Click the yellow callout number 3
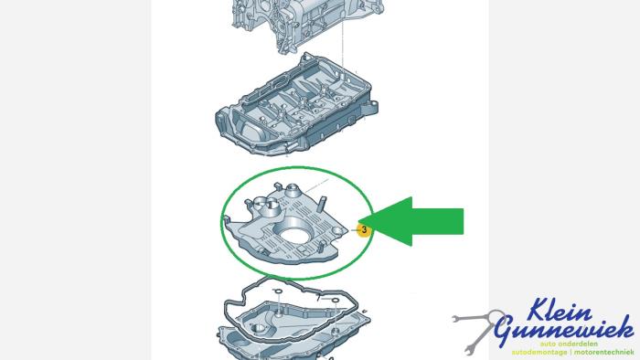tap(364, 230)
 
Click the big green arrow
tap(412, 221)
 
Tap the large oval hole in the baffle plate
tap(293, 236)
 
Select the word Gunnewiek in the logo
tap(563, 329)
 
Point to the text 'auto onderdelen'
tap(569, 344)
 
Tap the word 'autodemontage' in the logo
tap(539, 352)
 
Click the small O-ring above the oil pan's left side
tap(277, 291)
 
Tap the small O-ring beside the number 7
tap(336, 301)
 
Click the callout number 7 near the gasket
tap(319, 299)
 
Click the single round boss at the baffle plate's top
tap(293, 189)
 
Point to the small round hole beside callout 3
tap(336, 231)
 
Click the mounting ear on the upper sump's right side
tap(369, 108)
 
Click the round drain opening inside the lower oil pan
tap(259, 329)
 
